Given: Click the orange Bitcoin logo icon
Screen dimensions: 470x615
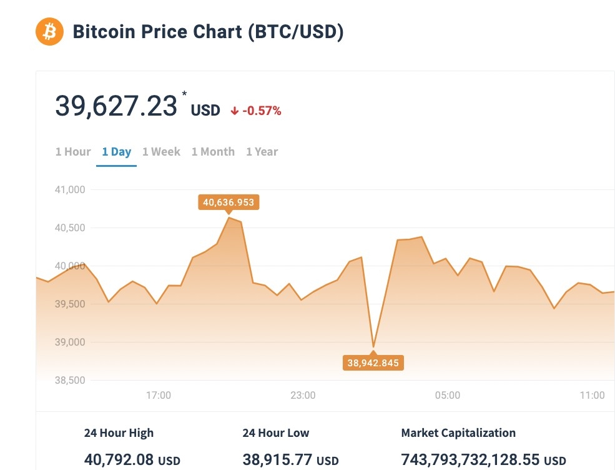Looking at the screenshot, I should tap(49, 31).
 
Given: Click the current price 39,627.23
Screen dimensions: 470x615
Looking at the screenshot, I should tap(117, 106).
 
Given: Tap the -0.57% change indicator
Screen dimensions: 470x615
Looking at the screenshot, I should tap(257, 111).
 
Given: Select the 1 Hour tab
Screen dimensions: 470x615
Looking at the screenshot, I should tap(73, 152).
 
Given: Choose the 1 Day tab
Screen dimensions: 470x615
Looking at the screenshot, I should tap(117, 152).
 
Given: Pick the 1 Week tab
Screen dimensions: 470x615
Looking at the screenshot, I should tap(161, 152).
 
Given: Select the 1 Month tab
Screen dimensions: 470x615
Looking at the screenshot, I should tap(213, 152).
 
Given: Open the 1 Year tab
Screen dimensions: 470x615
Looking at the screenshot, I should tap(262, 152).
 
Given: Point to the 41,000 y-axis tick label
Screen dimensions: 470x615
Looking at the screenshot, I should tap(70, 189).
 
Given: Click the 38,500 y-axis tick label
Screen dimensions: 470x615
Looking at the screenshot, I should tap(70, 380).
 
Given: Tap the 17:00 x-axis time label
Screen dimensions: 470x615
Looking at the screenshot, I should tap(159, 395).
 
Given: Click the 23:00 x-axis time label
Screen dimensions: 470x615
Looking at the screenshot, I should tap(303, 395).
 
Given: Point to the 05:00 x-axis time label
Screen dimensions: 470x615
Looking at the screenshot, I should tap(448, 395).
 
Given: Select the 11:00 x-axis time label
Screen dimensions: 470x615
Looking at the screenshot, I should tap(592, 395).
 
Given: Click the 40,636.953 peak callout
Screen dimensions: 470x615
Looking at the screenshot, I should tap(229, 202).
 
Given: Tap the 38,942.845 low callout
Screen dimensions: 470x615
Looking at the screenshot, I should tap(373, 362).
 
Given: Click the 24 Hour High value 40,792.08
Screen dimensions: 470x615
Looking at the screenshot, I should tap(119, 460).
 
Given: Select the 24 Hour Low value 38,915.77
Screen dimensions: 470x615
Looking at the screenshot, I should tap(278, 460).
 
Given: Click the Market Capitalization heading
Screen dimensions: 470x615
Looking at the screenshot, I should tap(458, 433).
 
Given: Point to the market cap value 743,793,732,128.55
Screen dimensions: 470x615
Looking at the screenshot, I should tap(471, 460).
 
